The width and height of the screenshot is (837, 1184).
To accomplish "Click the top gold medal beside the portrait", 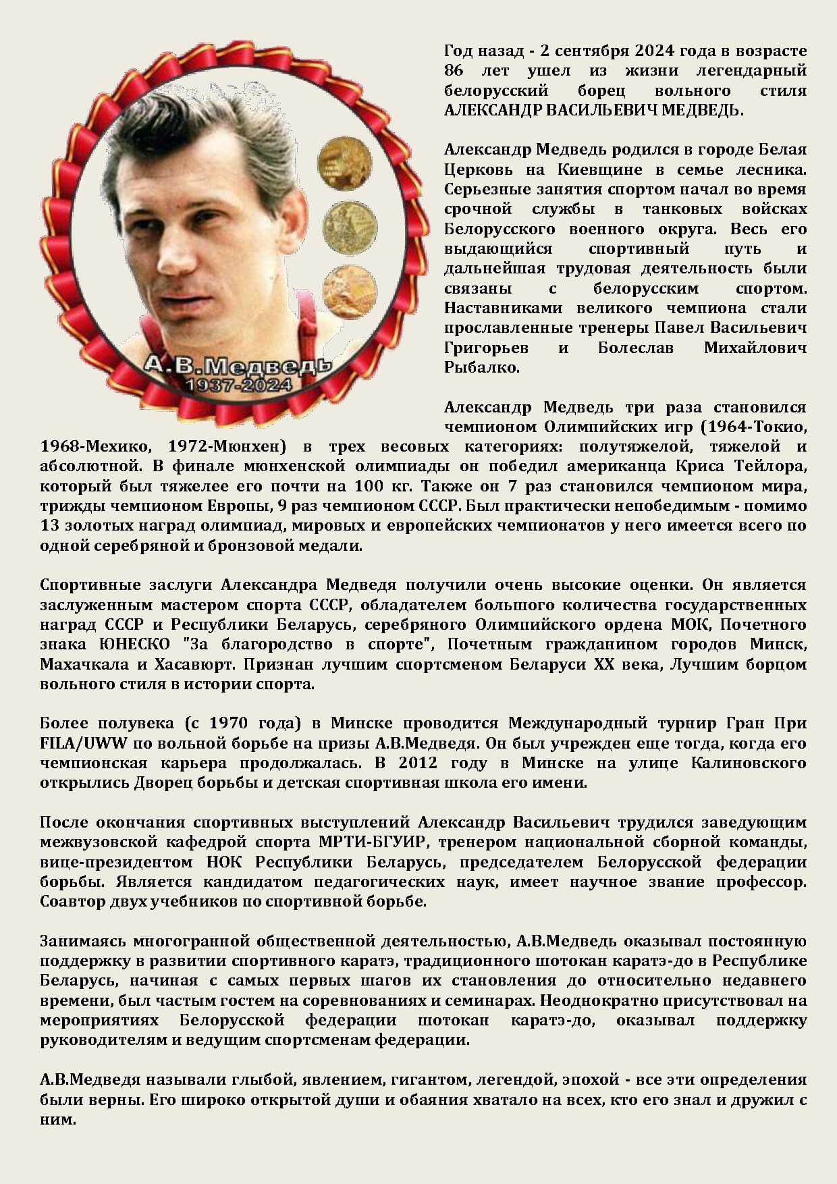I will tap(344, 163).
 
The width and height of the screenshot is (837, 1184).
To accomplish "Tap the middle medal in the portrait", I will tap(349, 227).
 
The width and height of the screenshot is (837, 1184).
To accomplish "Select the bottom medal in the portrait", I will tap(349, 291).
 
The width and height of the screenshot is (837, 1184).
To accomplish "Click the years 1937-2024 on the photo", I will tap(239, 385).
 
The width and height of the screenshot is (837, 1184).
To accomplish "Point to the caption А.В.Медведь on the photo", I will tap(238, 366).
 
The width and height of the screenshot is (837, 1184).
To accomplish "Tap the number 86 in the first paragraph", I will tap(454, 70).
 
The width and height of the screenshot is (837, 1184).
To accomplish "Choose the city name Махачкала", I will tap(84, 664).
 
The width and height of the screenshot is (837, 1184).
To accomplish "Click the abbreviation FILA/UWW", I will tap(82, 743).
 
